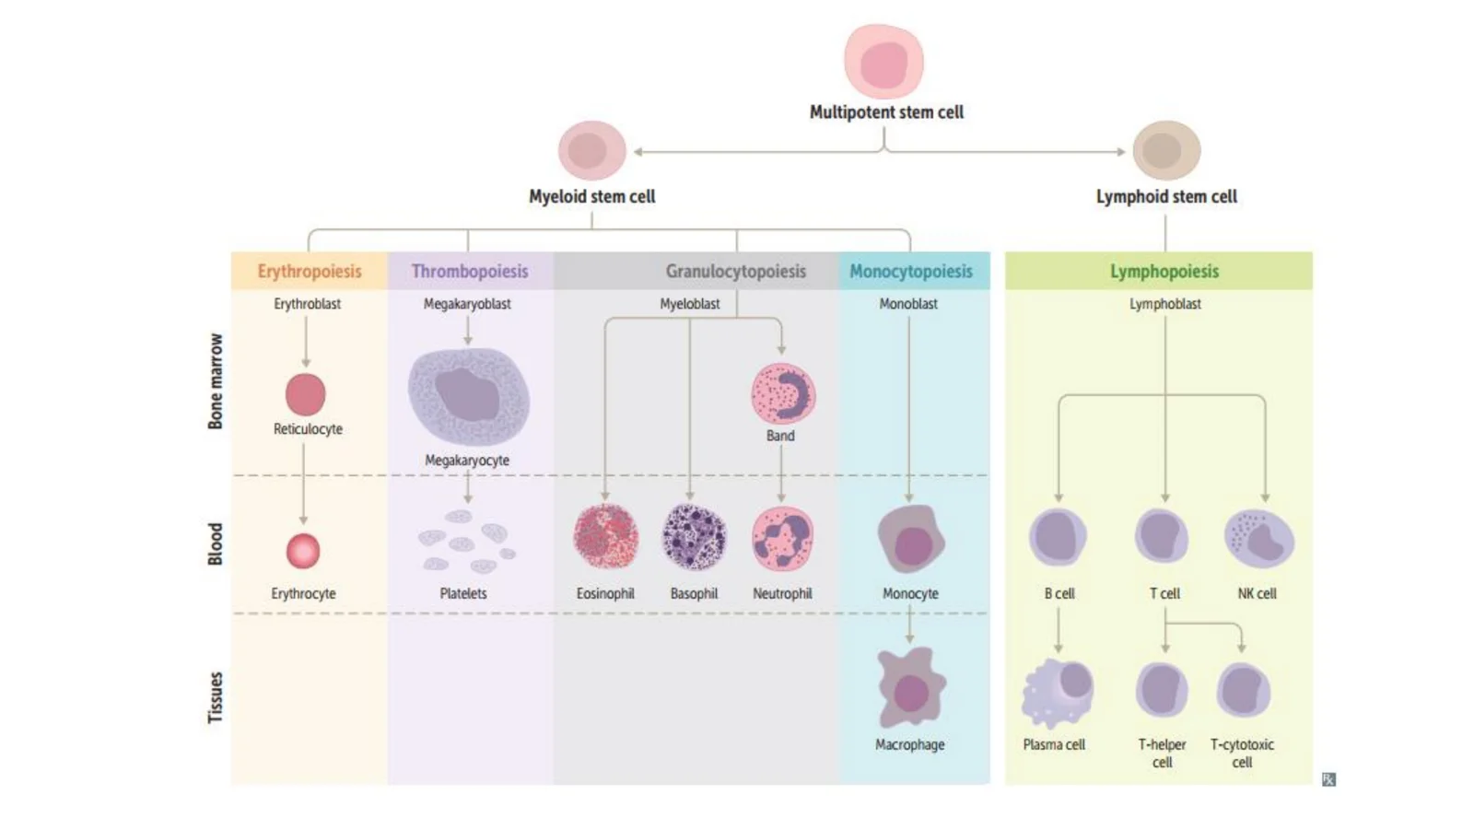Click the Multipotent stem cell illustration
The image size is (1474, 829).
pos(883,61)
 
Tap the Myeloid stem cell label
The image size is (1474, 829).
pos(592,197)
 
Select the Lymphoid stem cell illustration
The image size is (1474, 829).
pos(1166,151)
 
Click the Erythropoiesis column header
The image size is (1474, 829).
pos(310,271)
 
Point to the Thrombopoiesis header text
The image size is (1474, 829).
pos(470,271)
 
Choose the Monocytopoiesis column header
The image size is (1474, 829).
pos(911,271)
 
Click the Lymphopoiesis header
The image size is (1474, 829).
pos(1164,271)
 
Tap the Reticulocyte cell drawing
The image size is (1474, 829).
pos(305,395)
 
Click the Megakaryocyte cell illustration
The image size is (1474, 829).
pos(469,396)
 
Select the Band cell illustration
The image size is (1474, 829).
pos(783,393)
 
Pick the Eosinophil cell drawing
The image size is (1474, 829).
pos(605,537)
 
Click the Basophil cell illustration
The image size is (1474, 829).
pos(695,537)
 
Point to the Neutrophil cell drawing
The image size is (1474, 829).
pos(782,538)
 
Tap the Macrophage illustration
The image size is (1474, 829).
pos(911,687)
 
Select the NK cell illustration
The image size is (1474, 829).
pos(1258,538)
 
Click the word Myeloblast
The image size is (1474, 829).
pos(690,304)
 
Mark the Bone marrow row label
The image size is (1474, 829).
pos(216,381)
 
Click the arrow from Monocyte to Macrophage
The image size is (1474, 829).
pos(910,624)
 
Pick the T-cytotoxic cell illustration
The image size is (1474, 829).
pos(1243,690)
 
